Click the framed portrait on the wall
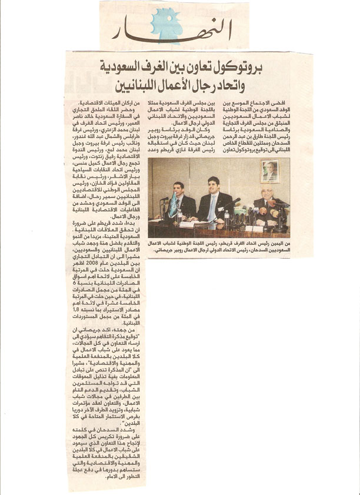click(x=271, y=171)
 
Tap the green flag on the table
click(x=173, y=206)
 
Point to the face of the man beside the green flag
click(x=180, y=190)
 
